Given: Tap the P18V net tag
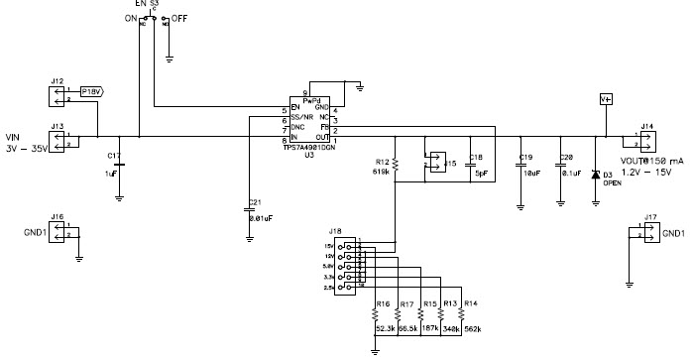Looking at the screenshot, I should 91,91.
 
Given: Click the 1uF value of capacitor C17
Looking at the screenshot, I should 112,174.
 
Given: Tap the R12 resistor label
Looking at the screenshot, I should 382,161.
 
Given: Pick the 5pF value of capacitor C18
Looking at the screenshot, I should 480,173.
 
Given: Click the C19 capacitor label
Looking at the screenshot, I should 526,158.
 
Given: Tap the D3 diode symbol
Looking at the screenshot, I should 594,175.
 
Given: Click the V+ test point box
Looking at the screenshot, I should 606,100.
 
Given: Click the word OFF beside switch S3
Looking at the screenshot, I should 179,19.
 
